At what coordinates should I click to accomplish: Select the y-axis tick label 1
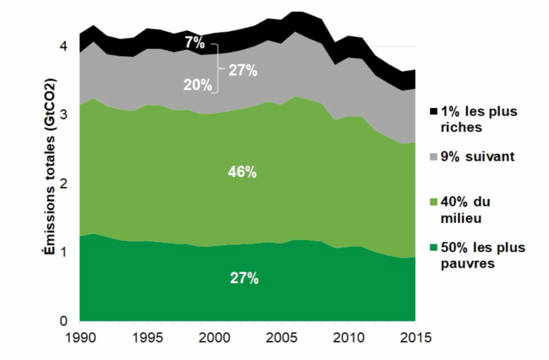(64, 252)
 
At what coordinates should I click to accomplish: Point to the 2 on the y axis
(64, 184)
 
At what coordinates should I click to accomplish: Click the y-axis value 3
(64, 115)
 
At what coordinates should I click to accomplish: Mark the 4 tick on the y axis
(64, 47)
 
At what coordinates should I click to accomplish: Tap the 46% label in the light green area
(242, 172)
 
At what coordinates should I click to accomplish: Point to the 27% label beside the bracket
(242, 70)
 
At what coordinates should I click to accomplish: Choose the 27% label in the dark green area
(244, 279)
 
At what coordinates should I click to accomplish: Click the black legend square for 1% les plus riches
(433, 111)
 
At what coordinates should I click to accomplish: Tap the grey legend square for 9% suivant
(433, 157)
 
